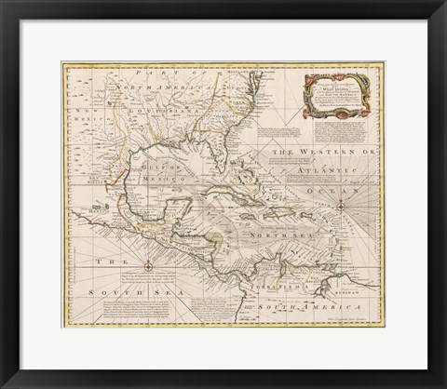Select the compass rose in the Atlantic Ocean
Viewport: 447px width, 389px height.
tap(342, 206)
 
